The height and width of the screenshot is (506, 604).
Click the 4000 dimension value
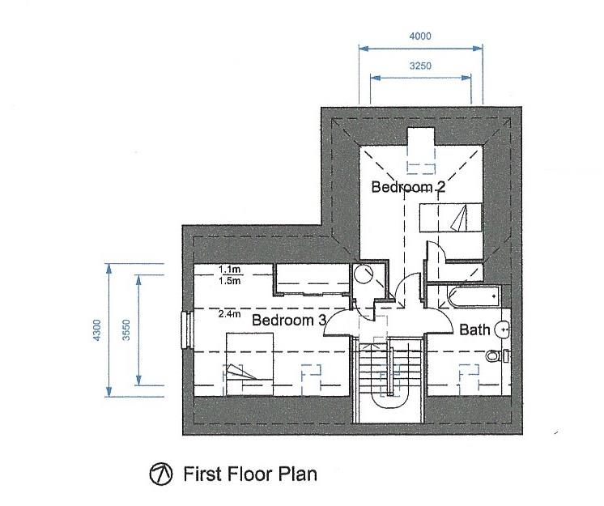click(x=420, y=36)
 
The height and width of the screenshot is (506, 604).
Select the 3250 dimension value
click(x=420, y=66)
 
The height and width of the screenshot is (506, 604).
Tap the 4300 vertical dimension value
click(x=96, y=330)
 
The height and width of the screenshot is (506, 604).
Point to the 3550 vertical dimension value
click(x=126, y=330)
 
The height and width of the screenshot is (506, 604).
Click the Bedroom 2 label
click(x=408, y=187)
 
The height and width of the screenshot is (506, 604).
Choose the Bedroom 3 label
click(x=289, y=320)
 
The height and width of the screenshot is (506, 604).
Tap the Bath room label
click(x=474, y=330)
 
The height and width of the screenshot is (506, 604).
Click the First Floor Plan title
click(x=250, y=474)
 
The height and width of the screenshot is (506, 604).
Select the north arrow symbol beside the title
click(x=160, y=474)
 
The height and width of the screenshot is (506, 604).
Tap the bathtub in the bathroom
click(x=474, y=297)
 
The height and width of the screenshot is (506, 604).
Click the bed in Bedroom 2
click(x=451, y=218)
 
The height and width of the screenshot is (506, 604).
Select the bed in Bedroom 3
click(x=249, y=364)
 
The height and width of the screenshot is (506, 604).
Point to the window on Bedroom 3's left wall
click(x=187, y=330)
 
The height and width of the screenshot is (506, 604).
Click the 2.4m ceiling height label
click(x=230, y=314)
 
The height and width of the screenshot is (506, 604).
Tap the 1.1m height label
click(x=230, y=269)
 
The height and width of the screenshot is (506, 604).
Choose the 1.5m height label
click(x=230, y=281)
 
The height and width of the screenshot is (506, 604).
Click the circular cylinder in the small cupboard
click(x=364, y=274)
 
